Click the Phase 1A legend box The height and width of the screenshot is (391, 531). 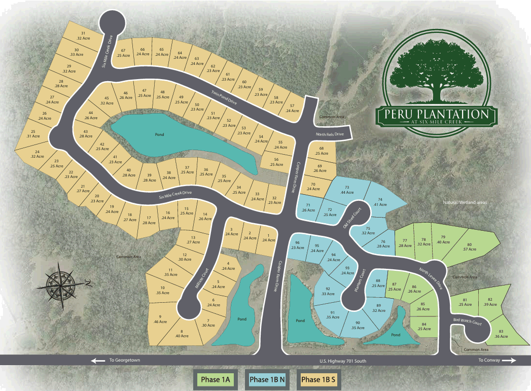click(x=216, y=379)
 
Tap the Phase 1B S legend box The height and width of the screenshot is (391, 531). click(x=318, y=379)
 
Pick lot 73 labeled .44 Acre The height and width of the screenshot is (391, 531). click(x=347, y=190)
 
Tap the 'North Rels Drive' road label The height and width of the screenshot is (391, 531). click(x=330, y=134)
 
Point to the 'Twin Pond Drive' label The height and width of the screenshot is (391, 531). click(x=224, y=98)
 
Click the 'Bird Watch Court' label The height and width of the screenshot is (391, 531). click(x=467, y=323)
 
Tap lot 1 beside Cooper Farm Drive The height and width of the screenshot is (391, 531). click(x=268, y=237)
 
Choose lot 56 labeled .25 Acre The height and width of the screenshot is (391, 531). click(x=276, y=162)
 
